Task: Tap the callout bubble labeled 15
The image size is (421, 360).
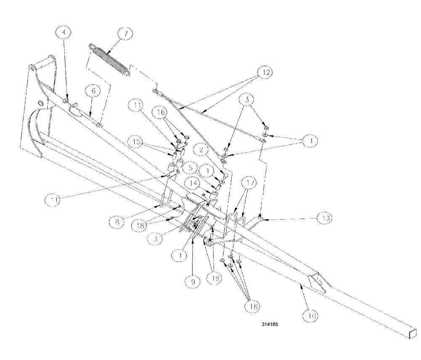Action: tap(135, 142)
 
